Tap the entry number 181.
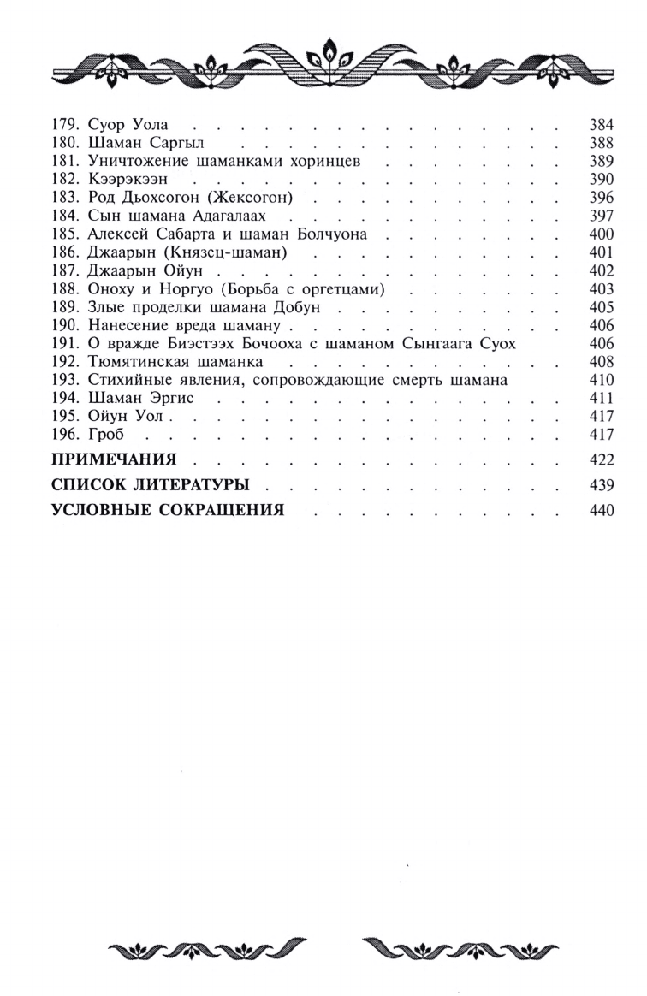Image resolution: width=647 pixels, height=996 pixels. (x=64, y=161)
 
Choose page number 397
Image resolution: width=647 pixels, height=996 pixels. (x=602, y=215)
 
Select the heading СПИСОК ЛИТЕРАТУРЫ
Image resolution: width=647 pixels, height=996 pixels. (x=150, y=485)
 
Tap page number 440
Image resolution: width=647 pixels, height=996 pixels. (x=602, y=512)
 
